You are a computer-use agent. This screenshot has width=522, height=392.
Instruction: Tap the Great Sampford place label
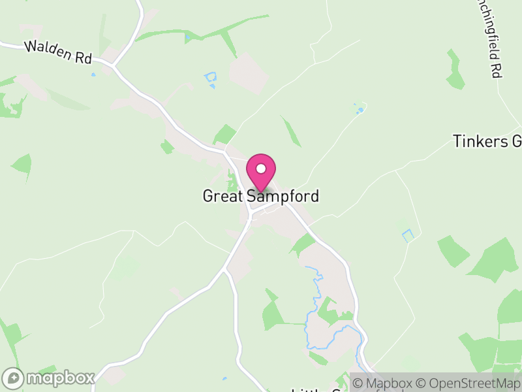coord(260,196)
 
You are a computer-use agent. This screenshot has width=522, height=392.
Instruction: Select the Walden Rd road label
coord(57,52)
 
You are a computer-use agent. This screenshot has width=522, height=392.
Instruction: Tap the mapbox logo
coord(50,378)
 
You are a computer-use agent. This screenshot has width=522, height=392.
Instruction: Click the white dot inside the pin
coord(260,169)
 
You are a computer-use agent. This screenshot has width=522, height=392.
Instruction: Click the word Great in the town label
coord(222,196)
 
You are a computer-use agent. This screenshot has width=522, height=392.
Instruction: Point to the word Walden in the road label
coord(48,50)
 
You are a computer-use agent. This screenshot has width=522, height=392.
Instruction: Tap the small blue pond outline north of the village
coord(210,79)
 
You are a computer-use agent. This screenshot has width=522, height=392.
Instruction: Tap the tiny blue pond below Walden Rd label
coord(93,74)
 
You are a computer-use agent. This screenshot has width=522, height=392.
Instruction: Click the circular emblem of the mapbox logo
coord(13,378)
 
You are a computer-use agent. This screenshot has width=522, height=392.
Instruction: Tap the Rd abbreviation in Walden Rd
coord(82,58)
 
